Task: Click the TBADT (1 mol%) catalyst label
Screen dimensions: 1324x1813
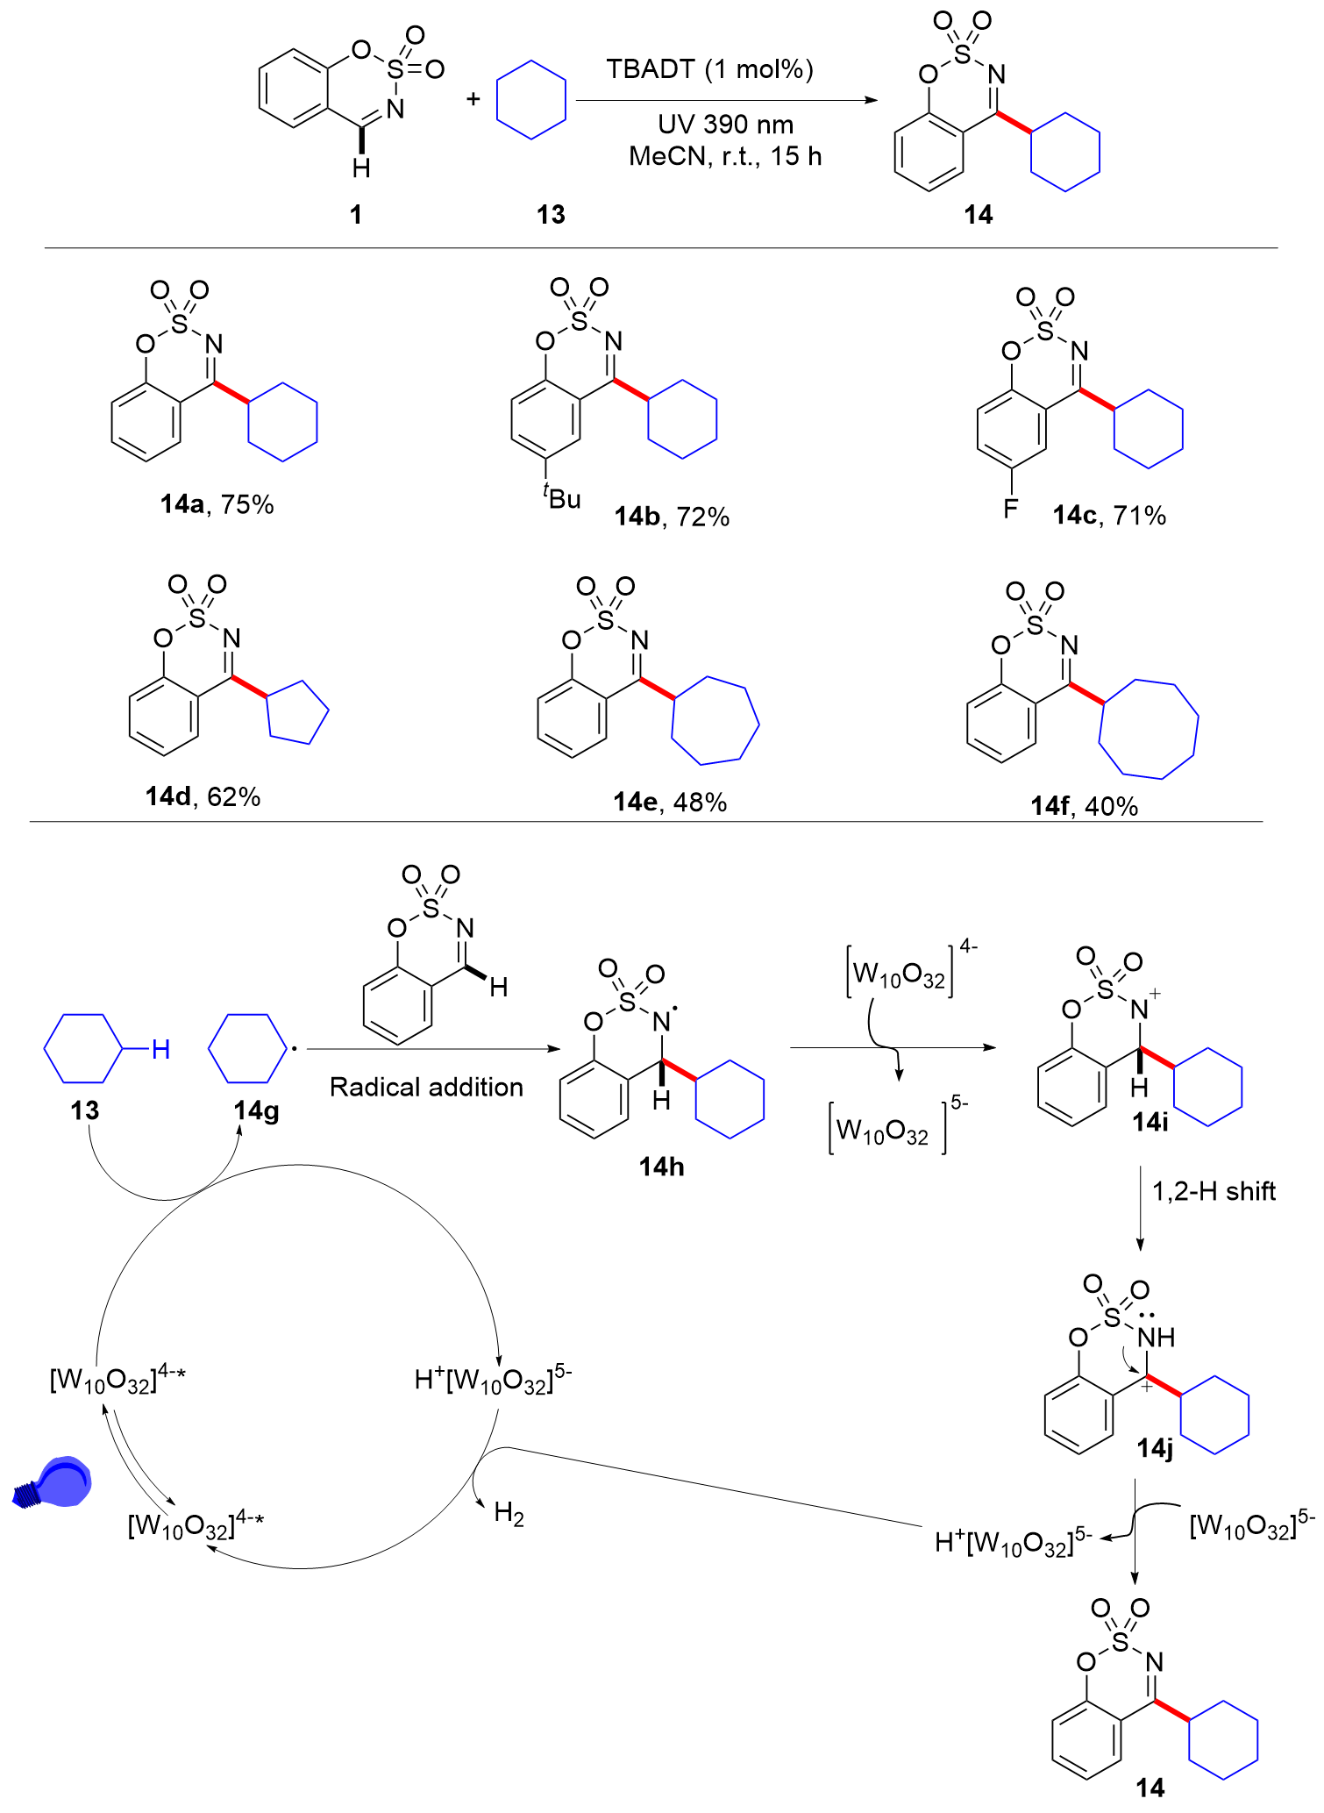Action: click(x=709, y=69)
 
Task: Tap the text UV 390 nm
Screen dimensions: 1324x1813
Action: click(x=725, y=125)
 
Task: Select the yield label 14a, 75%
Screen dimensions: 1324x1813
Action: click(x=217, y=504)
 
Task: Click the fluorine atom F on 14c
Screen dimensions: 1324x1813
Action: click(x=1011, y=508)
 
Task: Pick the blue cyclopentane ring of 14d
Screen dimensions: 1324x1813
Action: click(x=298, y=712)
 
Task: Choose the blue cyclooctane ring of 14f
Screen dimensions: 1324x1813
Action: click(x=1149, y=729)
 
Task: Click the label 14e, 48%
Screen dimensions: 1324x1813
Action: click(x=670, y=802)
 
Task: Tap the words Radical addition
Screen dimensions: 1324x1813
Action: click(x=426, y=1087)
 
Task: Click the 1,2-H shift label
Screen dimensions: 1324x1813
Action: click(x=1214, y=1191)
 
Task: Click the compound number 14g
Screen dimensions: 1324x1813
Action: click(x=256, y=1111)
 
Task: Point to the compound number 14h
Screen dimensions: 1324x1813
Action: click(x=661, y=1167)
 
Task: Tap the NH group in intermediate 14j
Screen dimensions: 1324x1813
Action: click(x=1157, y=1338)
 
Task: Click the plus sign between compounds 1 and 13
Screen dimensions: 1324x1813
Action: click(x=473, y=98)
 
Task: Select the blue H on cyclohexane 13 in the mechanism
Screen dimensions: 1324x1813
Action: click(x=160, y=1049)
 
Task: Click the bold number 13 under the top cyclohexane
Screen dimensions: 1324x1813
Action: click(x=551, y=215)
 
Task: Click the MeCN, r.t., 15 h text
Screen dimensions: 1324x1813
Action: click(x=725, y=156)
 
